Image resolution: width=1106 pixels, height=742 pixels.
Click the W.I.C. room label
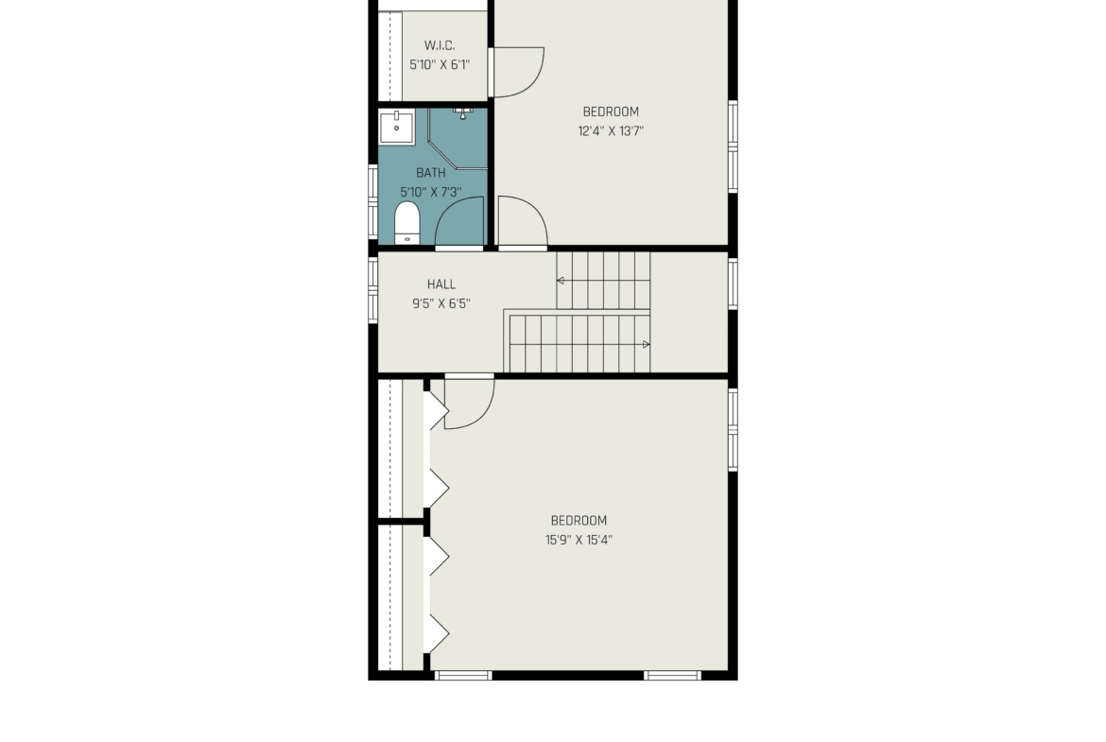point(440,46)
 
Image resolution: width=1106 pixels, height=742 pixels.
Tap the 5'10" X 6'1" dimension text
point(440,65)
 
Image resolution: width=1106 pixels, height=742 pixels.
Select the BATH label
point(431,173)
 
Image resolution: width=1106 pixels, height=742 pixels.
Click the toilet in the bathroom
point(406,222)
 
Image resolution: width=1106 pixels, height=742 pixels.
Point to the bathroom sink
point(396,127)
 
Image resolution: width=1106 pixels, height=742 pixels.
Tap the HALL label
point(441,285)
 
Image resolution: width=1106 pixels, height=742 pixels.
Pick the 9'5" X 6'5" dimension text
point(441,304)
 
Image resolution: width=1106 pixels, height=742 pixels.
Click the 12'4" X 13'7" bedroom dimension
point(611,131)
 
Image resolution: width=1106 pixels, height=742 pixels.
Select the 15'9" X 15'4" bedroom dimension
point(579,541)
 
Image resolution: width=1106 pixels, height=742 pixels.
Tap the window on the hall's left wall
point(372,290)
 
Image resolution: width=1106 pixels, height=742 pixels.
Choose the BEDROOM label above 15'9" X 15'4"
point(579,521)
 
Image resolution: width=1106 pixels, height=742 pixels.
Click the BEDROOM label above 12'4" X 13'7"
point(611,112)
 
